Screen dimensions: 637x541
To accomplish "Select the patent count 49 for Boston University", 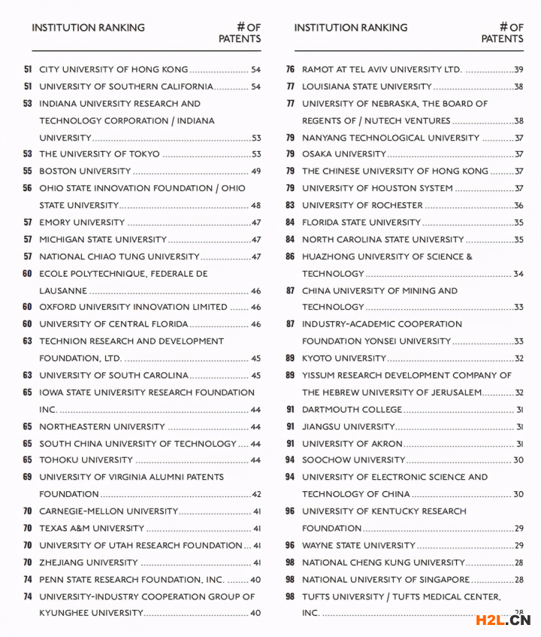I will [x=255, y=171].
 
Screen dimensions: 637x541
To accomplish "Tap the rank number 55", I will [x=28, y=171].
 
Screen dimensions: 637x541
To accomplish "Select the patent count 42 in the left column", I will [x=255, y=494].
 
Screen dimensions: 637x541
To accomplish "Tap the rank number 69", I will [x=28, y=477].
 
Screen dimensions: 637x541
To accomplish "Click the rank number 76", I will [x=290, y=70].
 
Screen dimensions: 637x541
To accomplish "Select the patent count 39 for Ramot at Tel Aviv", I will [x=518, y=70].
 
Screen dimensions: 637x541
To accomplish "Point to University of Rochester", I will [x=362, y=205].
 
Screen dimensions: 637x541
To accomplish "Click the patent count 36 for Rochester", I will [x=518, y=205].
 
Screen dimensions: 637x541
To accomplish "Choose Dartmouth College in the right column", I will [x=352, y=410].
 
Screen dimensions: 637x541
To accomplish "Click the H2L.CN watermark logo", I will [x=503, y=620].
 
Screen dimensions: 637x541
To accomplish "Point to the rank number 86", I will [x=290, y=256].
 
